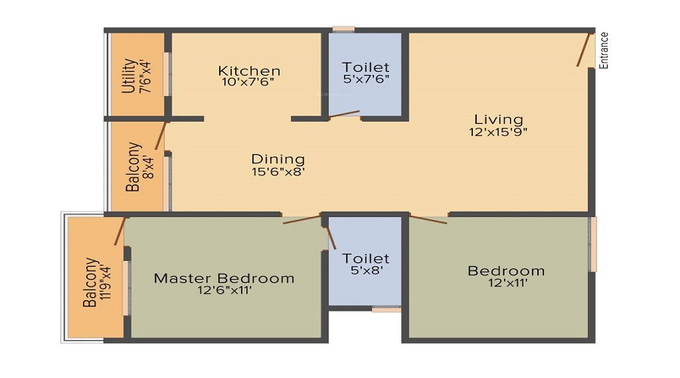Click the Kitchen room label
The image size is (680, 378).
click(249, 70)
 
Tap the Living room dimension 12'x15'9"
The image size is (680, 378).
click(498, 132)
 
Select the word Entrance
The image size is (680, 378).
click(604, 50)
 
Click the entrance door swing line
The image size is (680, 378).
click(584, 49)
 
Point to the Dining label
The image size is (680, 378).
click(278, 159)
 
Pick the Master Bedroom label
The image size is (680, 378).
click(224, 277)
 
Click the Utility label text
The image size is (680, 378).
click(129, 76)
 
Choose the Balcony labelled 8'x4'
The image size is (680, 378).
click(133, 166)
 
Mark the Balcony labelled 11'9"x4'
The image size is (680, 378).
click(90, 282)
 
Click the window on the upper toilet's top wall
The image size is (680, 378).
click(344, 29)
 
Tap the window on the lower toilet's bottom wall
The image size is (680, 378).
click(386, 308)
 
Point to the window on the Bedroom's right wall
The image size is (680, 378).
click(593, 244)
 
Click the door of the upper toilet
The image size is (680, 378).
click(344, 114)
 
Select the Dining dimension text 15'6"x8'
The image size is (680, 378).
click(278, 171)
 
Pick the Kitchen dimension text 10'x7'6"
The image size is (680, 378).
click(249, 82)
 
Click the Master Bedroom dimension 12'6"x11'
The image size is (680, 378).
click(224, 290)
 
